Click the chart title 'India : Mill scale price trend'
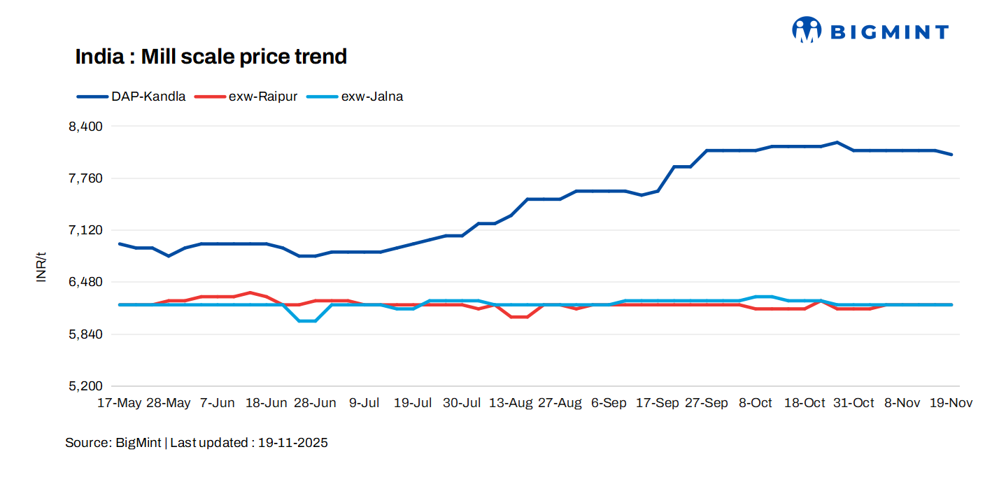[211, 57]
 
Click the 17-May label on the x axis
[119, 404]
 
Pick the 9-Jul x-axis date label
[364, 404]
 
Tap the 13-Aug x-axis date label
[511, 404]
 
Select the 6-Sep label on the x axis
[609, 404]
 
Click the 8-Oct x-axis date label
[756, 404]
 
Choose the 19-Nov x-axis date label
[951, 404]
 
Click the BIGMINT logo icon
[807, 30]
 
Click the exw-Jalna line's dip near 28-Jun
[307, 321]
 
